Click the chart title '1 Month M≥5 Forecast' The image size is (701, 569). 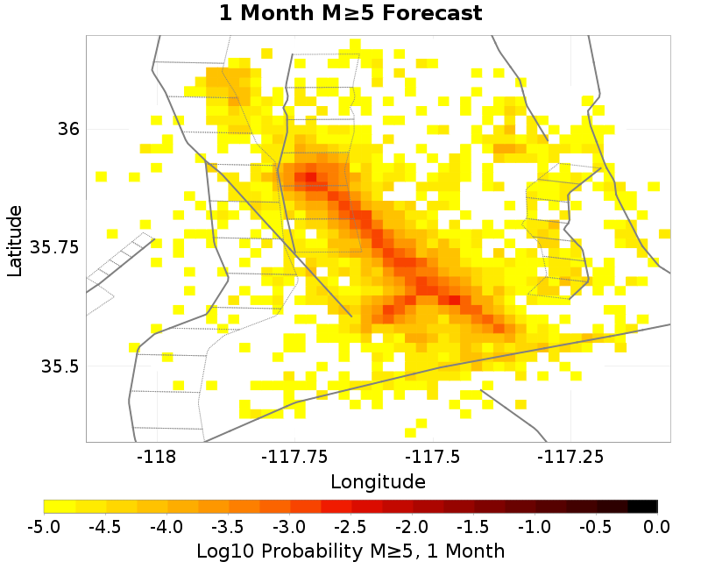[x=350, y=13]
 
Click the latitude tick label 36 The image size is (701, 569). [x=68, y=129]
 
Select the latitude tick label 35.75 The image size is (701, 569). [x=55, y=247]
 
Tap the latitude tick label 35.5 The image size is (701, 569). [x=60, y=366]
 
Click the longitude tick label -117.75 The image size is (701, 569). [x=294, y=457]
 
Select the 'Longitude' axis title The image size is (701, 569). [x=378, y=481]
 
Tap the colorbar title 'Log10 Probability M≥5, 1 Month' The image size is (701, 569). [x=350, y=551]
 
